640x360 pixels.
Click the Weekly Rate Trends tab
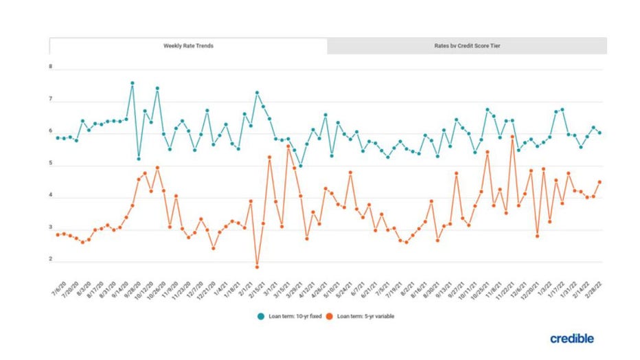click(188, 46)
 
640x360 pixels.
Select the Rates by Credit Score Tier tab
click(467, 46)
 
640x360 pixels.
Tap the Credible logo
click(571, 338)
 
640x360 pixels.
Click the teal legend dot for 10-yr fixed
click(261, 316)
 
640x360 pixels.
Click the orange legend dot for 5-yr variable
click(329, 316)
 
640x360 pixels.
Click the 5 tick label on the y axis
click(50, 165)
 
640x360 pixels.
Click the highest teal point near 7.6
click(132, 83)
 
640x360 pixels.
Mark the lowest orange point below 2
click(257, 267)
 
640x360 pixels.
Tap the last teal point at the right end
click(599, 133)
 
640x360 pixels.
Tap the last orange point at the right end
click(599, 182)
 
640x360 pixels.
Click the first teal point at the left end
click(58, 137)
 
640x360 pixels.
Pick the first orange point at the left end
click(58, 235)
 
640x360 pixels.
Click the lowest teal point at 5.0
click(301, 166)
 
